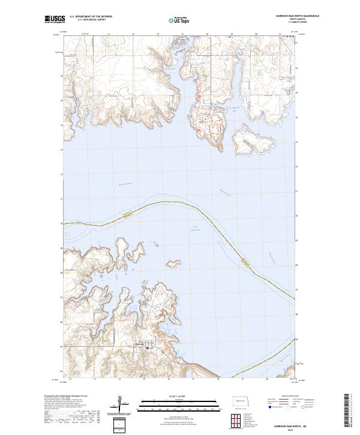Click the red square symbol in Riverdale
pyautogui.click(x=146, y=347)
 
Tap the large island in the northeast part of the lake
pyautogui.click(x=252, y=143)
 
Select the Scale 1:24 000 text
pyautogui.click(x=171, y=396)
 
